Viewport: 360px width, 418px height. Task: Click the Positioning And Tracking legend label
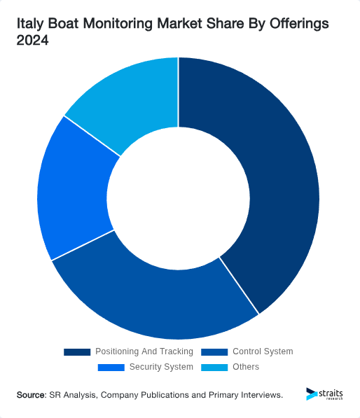144,351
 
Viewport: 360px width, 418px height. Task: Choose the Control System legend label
263,351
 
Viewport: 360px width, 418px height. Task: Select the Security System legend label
161,367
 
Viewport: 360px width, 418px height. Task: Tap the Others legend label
246,367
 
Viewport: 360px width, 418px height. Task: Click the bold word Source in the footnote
31,396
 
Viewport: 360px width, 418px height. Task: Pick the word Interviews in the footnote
259,396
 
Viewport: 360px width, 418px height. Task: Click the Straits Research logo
325,395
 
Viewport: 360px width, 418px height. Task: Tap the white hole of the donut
179,197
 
